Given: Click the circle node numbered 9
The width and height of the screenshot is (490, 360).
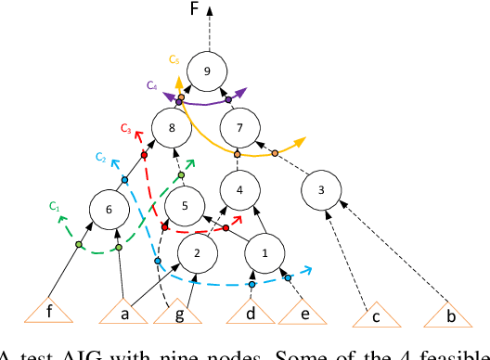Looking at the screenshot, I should click(206, 71).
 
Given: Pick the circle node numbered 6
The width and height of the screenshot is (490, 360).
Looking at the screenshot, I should click(110, 210).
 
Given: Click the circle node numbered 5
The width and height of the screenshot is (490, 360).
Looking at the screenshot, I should click(184, 206).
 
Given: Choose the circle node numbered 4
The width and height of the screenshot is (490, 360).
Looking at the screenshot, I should click(240, 190).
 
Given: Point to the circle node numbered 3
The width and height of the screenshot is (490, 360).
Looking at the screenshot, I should click(321, 191).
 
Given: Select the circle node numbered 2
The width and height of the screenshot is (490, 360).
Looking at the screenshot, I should click(196, 251).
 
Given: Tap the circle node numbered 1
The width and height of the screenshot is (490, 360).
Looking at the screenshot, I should click(265, 251).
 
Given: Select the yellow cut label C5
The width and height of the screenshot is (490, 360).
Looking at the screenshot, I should click(173, 59).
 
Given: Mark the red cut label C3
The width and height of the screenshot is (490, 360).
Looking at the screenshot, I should click(125, 127).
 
